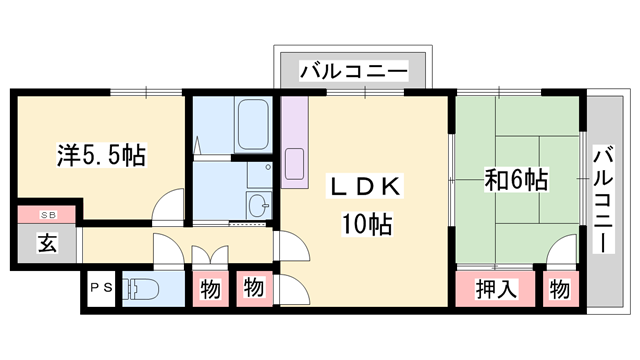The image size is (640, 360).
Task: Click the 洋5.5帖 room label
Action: coord(100,155)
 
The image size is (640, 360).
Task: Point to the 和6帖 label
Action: coord(515,181)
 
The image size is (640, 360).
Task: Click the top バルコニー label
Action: coord(354,72)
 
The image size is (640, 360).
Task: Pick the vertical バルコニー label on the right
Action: coord(603,200)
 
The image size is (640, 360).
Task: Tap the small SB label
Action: coord(48,215)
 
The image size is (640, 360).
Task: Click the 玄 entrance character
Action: coord(47,242)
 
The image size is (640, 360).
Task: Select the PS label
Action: coord(101,287)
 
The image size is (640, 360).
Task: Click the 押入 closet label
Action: coord(496,290)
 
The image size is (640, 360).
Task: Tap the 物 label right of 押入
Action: coord(560,290)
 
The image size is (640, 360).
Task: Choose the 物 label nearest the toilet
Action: coord(210,290)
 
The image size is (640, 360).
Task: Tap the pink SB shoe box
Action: coord(48,215)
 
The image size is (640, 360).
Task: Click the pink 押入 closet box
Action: coord(496,290)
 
